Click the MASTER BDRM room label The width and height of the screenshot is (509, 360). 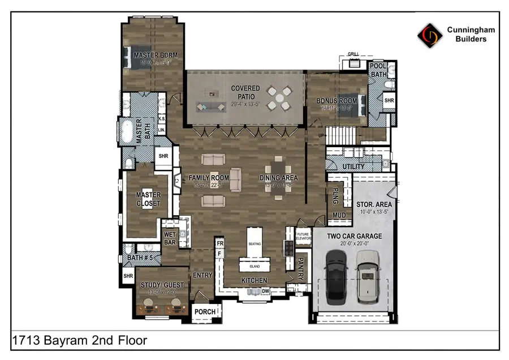click(156, 55)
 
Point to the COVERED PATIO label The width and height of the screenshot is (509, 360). click(245, 92)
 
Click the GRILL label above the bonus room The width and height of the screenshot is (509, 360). click(353, 54)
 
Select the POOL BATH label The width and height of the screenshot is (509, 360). click(378, 70)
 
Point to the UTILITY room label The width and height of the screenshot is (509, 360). click(353, 166)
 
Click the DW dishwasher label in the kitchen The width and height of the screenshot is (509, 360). click(265, 292)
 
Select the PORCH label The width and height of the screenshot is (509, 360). click(205, 312)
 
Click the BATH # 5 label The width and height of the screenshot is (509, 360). click(139, 258)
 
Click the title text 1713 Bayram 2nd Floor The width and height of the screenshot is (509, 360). click(79, 340)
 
